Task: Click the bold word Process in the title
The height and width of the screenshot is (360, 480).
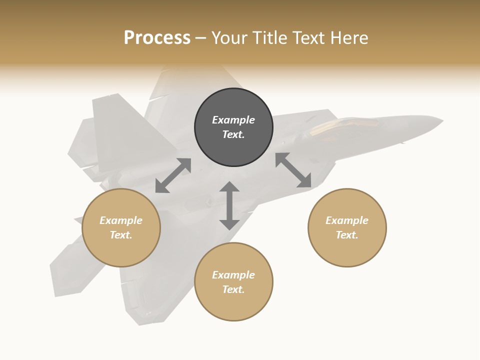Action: click(x=157, y=38)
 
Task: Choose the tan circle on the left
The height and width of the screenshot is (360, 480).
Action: click(x=121, y=250)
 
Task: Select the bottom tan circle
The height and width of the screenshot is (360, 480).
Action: click(x=233, y=305)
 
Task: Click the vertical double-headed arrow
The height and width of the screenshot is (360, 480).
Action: click(x=229, y=205)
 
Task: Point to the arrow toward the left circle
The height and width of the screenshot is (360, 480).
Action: click(x=173, y=175)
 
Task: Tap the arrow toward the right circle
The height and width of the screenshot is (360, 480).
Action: click(x=293, y=170)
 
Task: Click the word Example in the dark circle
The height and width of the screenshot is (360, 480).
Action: click(x=233, y=120)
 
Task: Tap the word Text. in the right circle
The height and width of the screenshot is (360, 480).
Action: click(x=347, y=235)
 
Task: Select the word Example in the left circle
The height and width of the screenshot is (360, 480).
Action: click(x=121, y=220)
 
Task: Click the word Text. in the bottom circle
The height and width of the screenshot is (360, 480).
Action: click(x=233, y=289)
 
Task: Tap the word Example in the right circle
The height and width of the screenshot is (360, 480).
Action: click(x=347, y=220)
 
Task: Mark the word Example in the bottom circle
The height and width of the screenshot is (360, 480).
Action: click(x=233, y=275)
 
